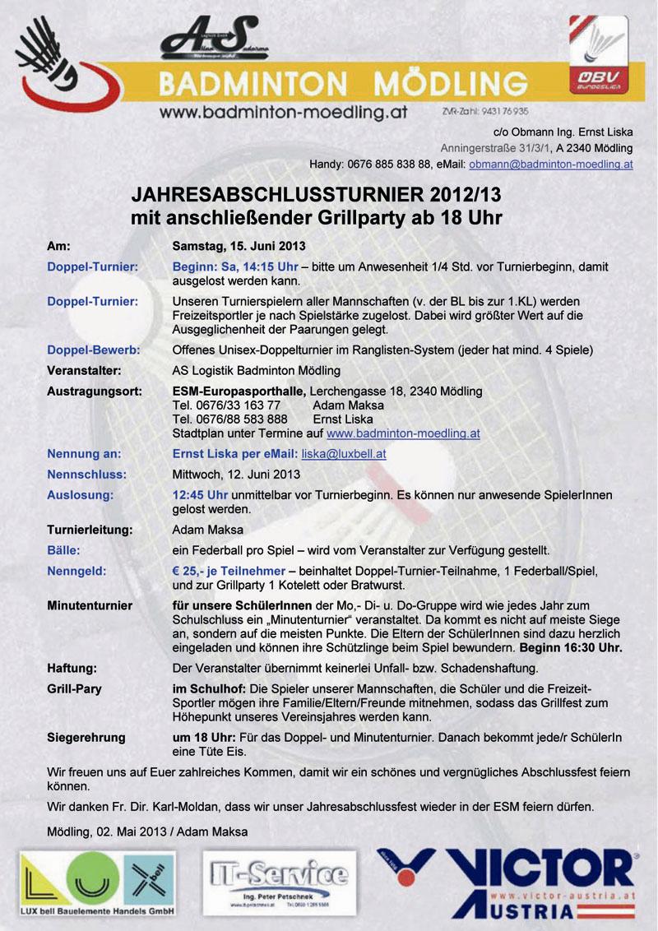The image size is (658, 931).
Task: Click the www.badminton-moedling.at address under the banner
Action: tap(284, 113)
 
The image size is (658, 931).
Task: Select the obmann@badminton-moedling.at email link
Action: tap(550, 164)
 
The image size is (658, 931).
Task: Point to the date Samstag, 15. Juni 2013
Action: tap(239, 246)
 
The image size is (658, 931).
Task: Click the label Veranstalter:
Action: tap(85, 370)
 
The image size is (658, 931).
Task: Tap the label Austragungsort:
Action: tap(94, 391)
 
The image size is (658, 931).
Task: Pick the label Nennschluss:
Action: tap(86, 475)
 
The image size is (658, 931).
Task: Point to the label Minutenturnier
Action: tap(90, 606)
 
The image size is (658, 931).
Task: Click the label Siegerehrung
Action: tap(86, 738)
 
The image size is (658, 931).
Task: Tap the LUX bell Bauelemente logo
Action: tap(98, 885)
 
